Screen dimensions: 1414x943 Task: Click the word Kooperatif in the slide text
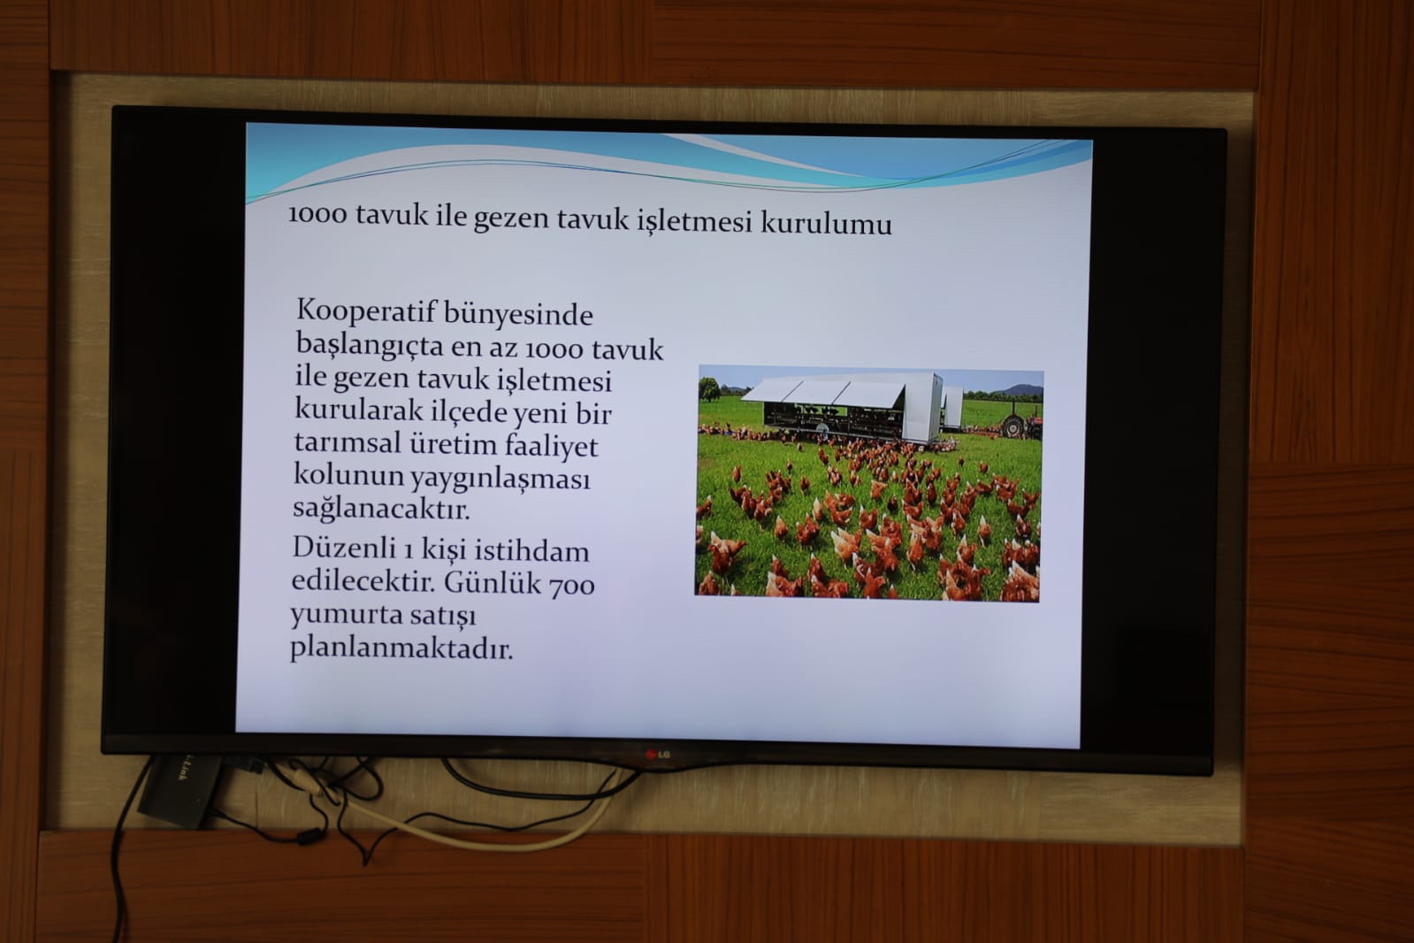[x=366, y=311]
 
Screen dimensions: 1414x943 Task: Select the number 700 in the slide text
[x=572, y=584]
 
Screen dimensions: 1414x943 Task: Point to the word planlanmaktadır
[x=401, y=648]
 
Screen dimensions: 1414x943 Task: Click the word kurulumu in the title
[x=826, y=223]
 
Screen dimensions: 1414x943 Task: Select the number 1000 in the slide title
[x=317, y=214]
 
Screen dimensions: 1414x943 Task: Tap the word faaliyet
[x=551, y=446]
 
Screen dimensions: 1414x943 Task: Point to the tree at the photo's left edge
[x=709, y=387]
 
